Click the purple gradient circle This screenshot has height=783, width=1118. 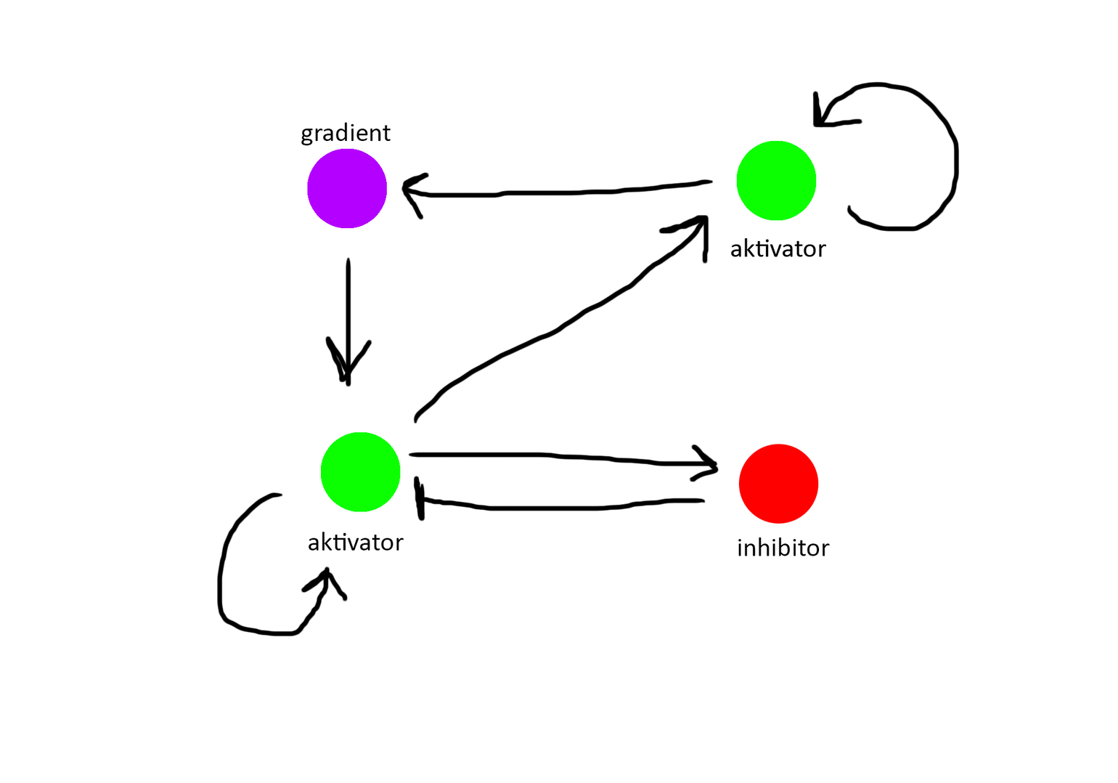click(347, 189)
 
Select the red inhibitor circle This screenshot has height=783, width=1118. click(778, 484)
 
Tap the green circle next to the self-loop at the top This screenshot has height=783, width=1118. click(776, 181)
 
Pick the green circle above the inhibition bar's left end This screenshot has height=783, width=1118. click(360, 472)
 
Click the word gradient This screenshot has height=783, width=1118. click(346, 133)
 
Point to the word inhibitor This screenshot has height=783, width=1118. click(783, 548)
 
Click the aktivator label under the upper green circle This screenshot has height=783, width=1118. click(778, 249)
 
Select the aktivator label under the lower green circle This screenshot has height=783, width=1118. click(355, 543)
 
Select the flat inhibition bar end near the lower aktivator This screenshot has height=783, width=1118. click(420, 499)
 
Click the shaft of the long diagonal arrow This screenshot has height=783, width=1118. click(552, 334)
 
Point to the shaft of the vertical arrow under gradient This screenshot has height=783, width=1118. click(348, 305)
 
